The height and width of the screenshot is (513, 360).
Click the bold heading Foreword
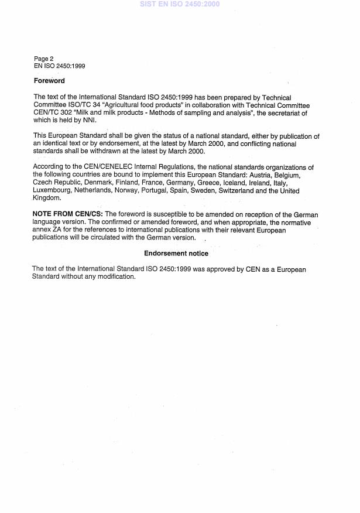(x=49, y=81)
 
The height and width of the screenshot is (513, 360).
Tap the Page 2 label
(x=44, y=59)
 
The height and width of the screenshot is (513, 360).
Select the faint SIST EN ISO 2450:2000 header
(x=180, y=4)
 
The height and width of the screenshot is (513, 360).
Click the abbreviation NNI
(x=88, y=120)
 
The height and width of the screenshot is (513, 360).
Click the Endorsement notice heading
(x=176, y=254)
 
